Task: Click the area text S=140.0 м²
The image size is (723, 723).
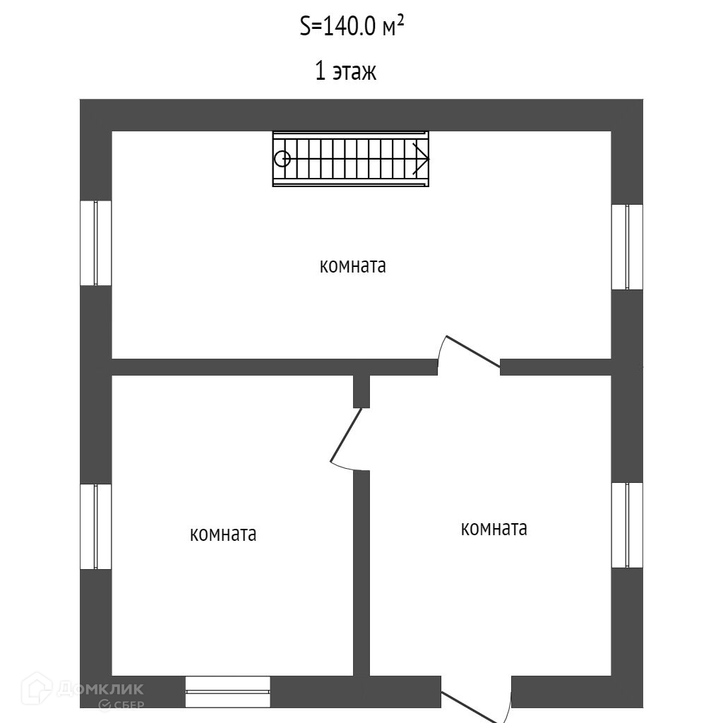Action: (352, 28)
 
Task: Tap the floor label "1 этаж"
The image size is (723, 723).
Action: (345, 71)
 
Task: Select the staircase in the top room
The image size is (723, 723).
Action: (351, 159)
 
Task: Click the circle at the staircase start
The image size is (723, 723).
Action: (282, 159)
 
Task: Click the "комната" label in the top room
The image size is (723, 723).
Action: (353, 266)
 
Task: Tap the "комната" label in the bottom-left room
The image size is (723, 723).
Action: (223, 534)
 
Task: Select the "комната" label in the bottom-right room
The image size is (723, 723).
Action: (494, 528)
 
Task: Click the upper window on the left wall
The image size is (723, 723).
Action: (95, 243)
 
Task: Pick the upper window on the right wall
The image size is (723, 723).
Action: (627, 246)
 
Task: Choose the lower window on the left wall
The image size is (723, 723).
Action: (95, 526)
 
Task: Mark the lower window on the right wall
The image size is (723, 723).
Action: (627, 525)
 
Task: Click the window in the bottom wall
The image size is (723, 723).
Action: (227, 692)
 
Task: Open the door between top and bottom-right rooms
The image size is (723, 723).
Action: (469, 352)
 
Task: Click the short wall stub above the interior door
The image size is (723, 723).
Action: (361, 391)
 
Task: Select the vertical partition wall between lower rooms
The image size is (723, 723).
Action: (361, 572)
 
